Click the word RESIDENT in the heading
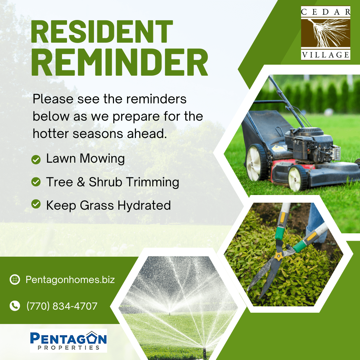click(x=102, y=31)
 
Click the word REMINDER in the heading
click(x=119, y=62)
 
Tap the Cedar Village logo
click(x=326, y=33)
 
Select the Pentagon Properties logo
click(x=68, y=340)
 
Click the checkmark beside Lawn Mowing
click(x=36, y=160)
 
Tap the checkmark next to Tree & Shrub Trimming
click(x=36, y=182)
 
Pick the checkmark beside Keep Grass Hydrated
click(x=36, y=204)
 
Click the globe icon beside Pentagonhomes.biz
click(x=15, y=280)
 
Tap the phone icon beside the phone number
click(x=15, y=306)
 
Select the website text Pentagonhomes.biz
click(x=70, y=280)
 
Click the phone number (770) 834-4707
click(x=62, y=306)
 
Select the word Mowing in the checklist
click(x=102, y=159)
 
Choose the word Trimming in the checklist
click(x=153, y=182)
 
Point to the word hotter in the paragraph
click(x=51, y=133)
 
